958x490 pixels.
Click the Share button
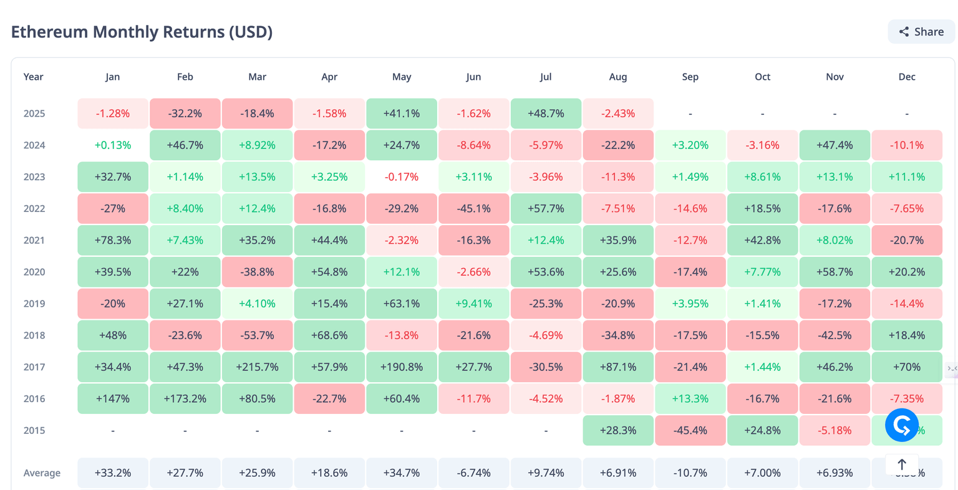(x=921, y=32)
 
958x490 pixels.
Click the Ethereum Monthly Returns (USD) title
(x=142, y=32)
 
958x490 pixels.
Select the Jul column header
(x=546, y=77)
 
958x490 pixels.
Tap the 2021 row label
(x=34, y=240)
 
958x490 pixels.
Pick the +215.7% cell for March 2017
(x=257, y=367)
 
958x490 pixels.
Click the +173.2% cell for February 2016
(x=185, y=399)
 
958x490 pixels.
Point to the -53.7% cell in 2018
(x=257, y=335)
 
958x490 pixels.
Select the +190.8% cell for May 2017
(x=402, y=367)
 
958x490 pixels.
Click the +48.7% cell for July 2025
(x=546, y=113)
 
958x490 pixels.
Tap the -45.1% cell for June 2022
(x=473, y=209)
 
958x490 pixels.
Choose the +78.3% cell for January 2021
(x=113, y=240)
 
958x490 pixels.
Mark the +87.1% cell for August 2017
(x=618, y=367)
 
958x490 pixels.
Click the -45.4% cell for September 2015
(x=690, y=431)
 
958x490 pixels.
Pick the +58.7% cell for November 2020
(x=835, y=272)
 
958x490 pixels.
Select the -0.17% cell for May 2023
(x=402, y=177)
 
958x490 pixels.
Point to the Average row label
(x=42, y=473)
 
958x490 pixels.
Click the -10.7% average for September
(x=690, y=473)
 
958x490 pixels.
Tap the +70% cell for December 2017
(x=907, y=367)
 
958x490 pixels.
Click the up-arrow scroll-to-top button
(x=902, y=464)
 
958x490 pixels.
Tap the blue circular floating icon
(x=902, y=425)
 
